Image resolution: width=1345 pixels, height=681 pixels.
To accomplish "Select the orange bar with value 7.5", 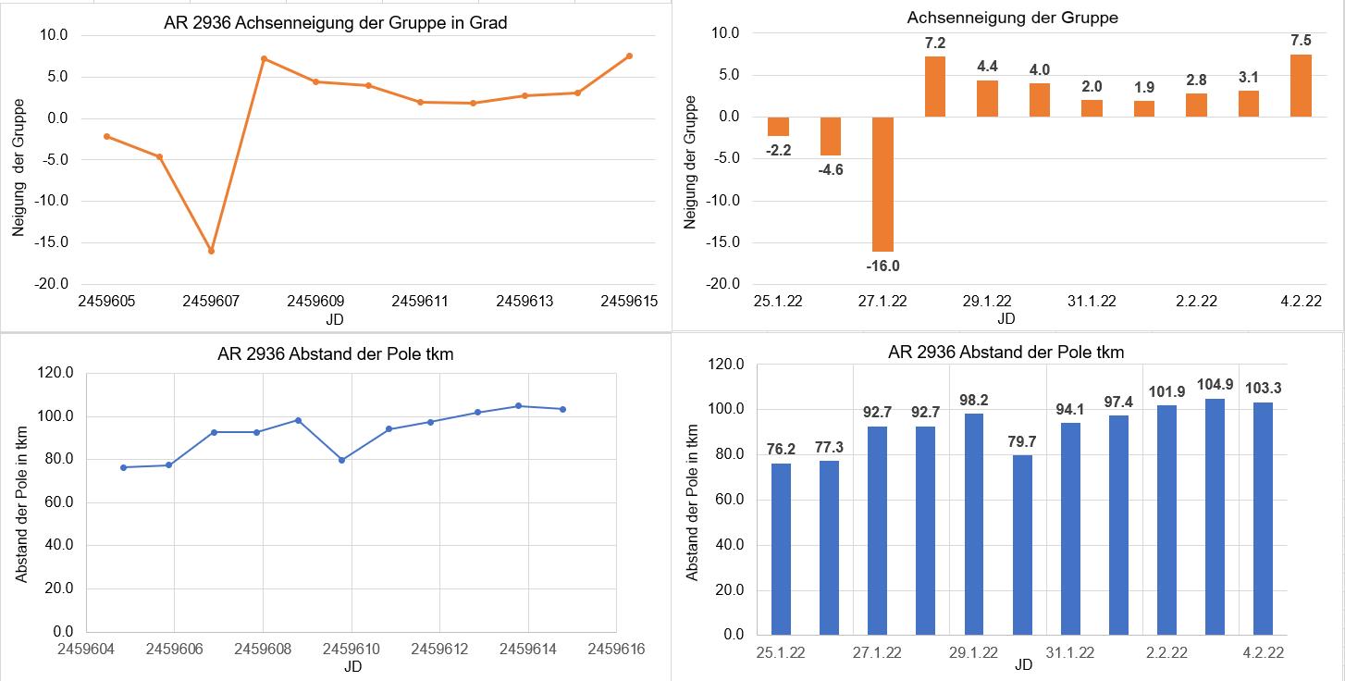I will coord(1301,86).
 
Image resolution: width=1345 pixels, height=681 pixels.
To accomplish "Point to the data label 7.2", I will coord(935,43).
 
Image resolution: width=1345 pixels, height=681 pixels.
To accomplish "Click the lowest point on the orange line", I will coord(212,251).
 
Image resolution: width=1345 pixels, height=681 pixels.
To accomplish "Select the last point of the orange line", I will coord(629,56).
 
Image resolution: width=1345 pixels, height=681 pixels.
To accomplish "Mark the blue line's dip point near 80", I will coord(342,460).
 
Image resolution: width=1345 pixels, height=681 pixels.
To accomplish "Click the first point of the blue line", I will coord(124,467).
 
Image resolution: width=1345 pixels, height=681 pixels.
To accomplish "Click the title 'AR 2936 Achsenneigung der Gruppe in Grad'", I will coord(336,23).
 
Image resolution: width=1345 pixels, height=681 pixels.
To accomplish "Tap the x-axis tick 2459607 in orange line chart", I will coord(212,302).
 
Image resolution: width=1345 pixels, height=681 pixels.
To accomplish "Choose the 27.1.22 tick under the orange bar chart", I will coord(882,302).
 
